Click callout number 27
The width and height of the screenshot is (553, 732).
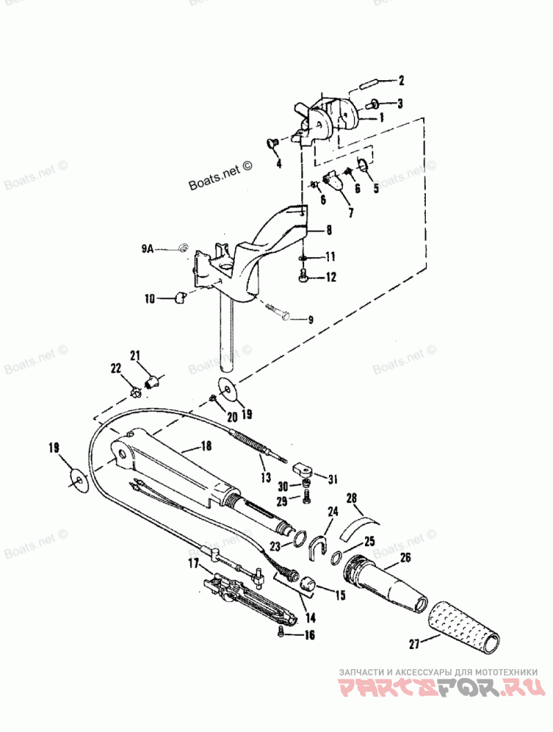click(x=414, y=645)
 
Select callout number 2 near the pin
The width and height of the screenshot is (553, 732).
click(x=400, y=80)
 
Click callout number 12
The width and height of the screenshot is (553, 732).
click(x=330, y=277)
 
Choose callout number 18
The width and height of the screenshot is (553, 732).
click(x=205, y=447)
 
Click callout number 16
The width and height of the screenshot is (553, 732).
click(x=309, y=634)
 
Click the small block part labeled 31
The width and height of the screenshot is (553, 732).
click(x=303, y=470)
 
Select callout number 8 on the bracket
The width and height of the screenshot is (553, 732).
click(x=329, y=228)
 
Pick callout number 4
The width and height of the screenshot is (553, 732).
click(x=279, y=164)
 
